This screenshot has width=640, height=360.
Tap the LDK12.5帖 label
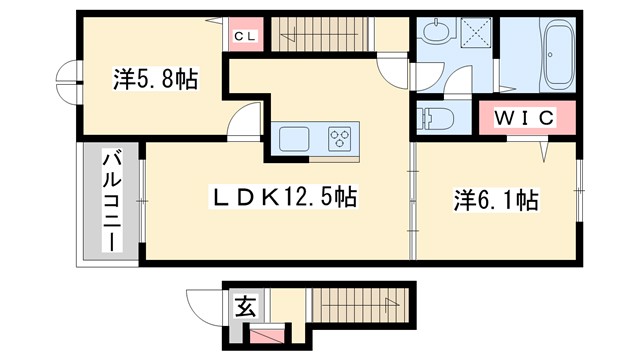(282, 197)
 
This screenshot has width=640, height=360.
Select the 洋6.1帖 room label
(496, 200)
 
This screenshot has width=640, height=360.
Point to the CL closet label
(244, 37)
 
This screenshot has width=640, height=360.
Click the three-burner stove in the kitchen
(342, 138)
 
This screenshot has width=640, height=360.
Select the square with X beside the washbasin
(475, 33)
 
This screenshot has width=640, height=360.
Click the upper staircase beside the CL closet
(315, 37)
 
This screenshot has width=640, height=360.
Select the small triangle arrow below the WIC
(545, 151)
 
